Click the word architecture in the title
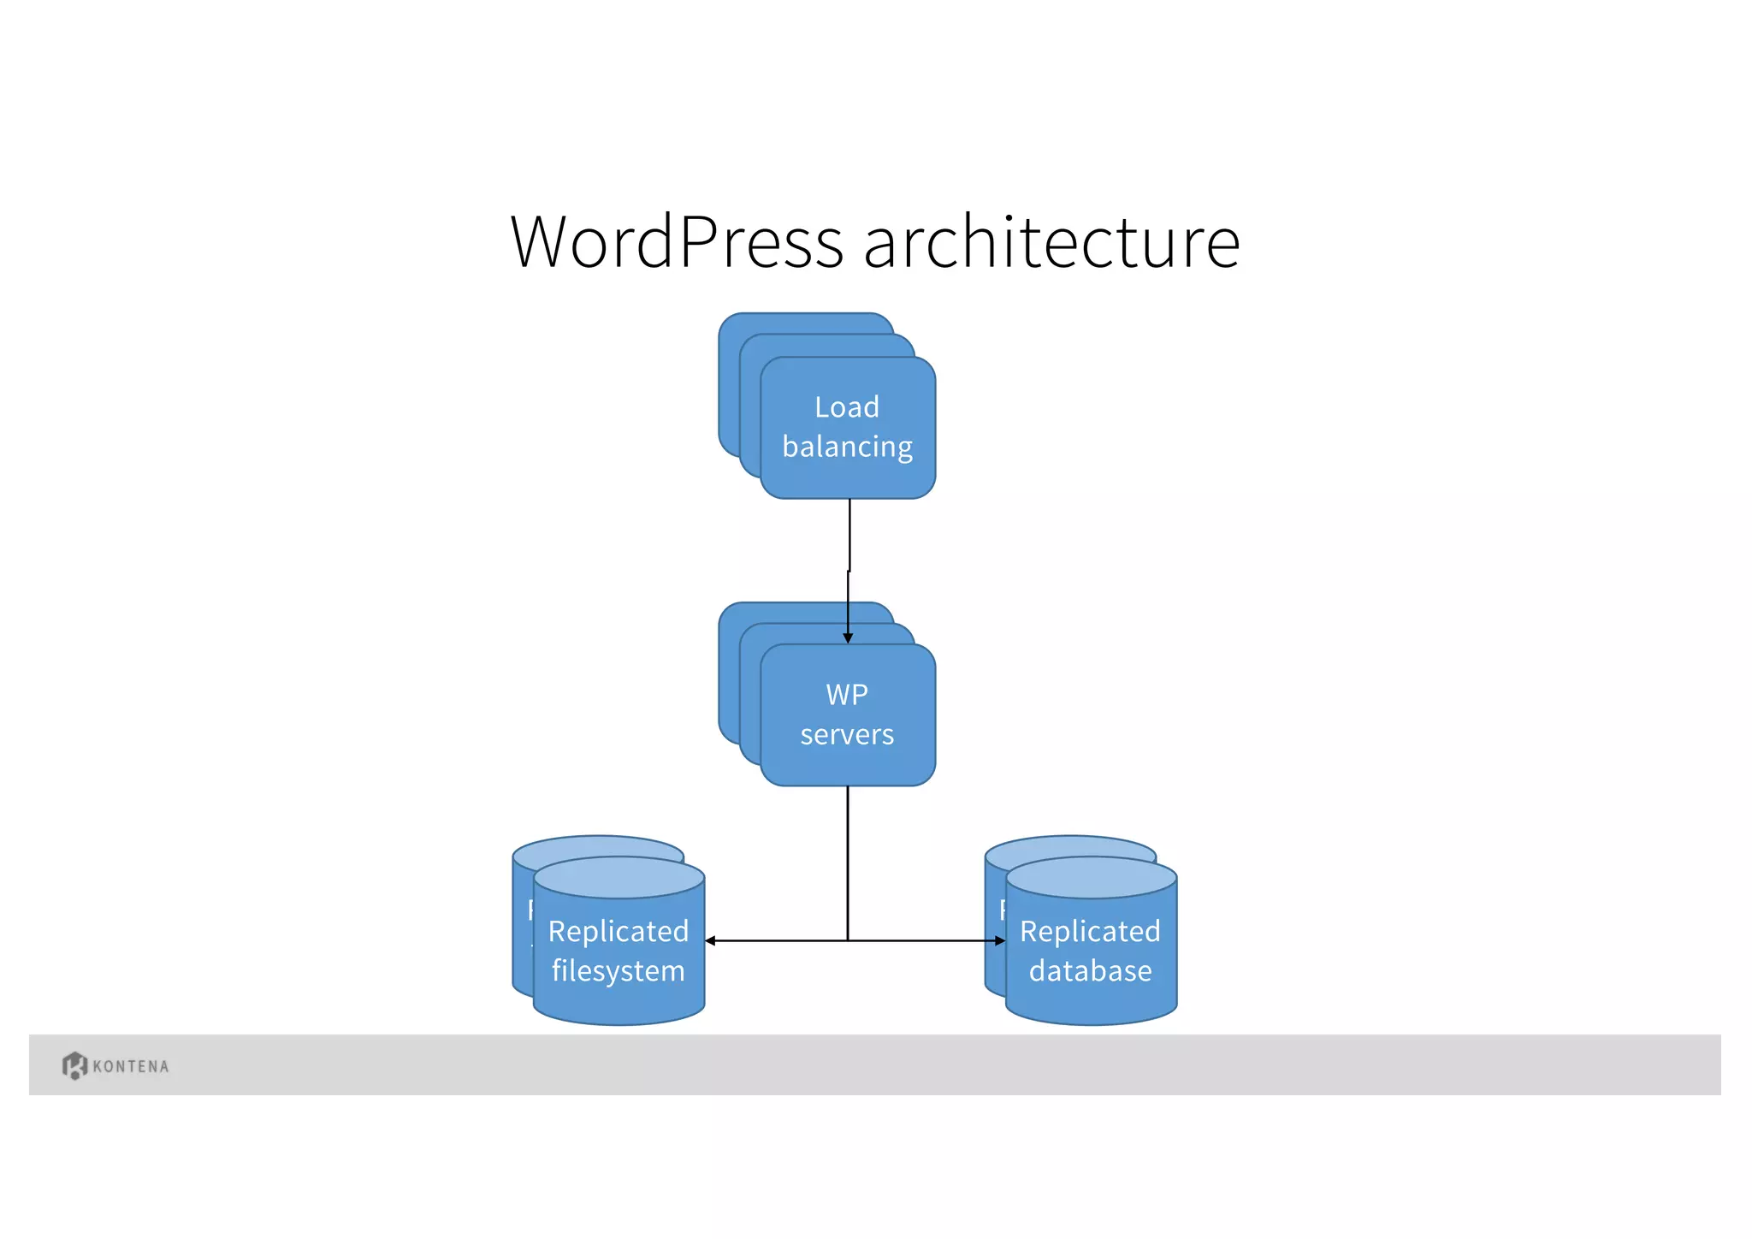[x=1051, y=242]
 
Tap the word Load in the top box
[x=847, y=407]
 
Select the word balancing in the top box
[x=847, y=448]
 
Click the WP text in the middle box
[x=847, y=694]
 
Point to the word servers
[x=847, y=734]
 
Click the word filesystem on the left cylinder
[x=618, y=971]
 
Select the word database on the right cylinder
[x=1090, y=971]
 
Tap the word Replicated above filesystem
[x=618, y=931]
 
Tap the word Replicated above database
[x=1090, y=931]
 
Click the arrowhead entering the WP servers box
[x=848, y=638]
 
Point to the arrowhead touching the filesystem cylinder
[x=711, y=941]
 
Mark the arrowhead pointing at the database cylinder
[x=1000, y=941]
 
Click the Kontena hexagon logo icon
[x=74, y=1065]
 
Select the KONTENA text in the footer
[x=131, y=1067]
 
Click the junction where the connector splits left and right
[x=848, y=941]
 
